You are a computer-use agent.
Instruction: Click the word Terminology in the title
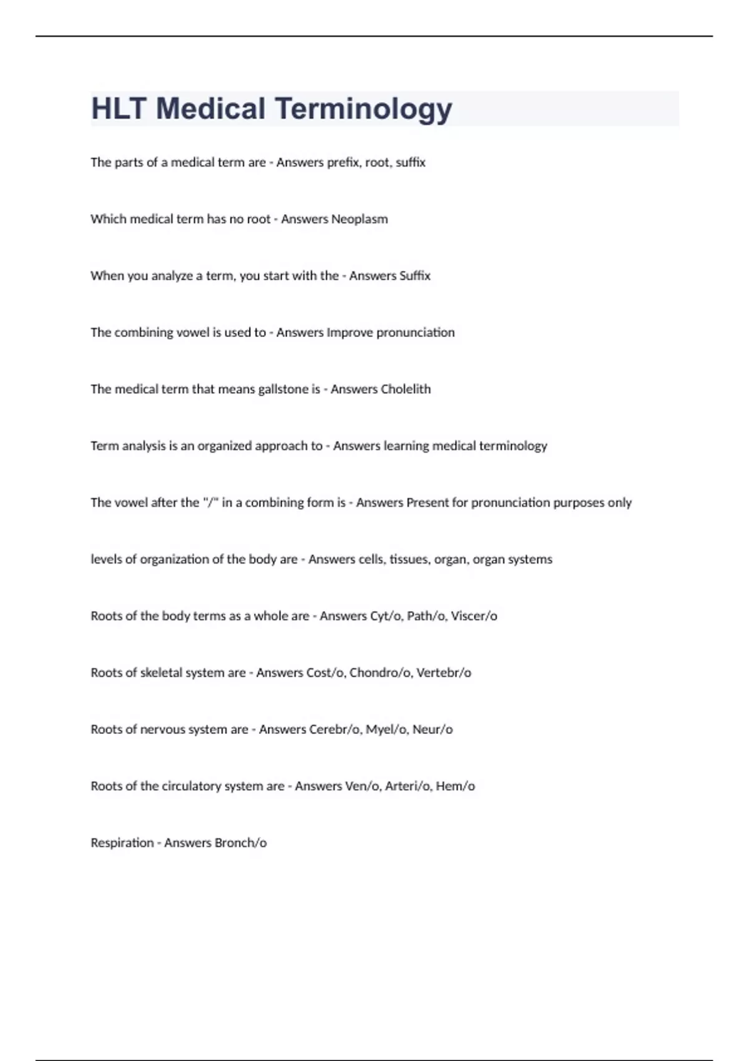point(363,109)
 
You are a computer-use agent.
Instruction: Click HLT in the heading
point(119,109)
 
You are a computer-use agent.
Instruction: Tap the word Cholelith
point(406,389)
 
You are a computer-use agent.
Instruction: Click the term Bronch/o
point(240,843)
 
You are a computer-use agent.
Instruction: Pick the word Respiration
point(122,843)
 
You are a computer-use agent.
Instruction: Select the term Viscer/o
point(474,616)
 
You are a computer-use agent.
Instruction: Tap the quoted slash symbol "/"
point(210,502)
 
